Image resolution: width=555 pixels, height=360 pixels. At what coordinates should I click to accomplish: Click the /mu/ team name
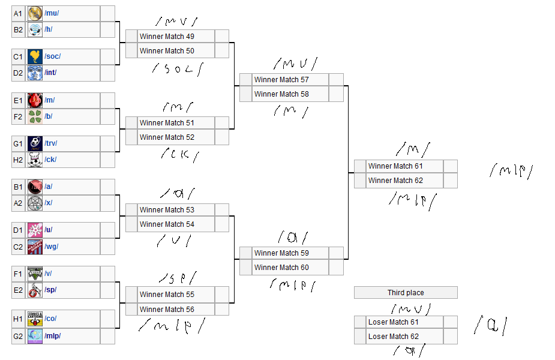click(x=52, y=13)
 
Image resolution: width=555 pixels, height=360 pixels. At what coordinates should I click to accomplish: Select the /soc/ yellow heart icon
click(x=35, y=56)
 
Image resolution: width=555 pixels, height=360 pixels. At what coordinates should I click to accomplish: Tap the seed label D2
click(x=18, y=73)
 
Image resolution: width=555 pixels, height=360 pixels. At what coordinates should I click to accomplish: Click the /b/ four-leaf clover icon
click(x=35, y=116)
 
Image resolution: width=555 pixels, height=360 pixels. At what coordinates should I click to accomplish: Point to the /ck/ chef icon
click(x=35, y=160)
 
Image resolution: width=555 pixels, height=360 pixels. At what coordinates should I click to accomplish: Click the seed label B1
click(x=18, y=187)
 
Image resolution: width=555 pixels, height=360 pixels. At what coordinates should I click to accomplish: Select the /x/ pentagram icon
click(x=35, y=203)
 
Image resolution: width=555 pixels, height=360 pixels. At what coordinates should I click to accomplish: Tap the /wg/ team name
click(x=51, y=247)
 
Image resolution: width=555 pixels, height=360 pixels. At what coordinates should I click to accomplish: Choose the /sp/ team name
click(x=50, y=290)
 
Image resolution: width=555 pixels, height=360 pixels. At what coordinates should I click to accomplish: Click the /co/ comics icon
click(x=35, y=319)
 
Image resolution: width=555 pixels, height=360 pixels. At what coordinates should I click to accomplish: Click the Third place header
click(x=406, y=293)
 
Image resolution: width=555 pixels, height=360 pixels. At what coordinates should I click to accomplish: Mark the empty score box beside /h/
click(x=107, y=29)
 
